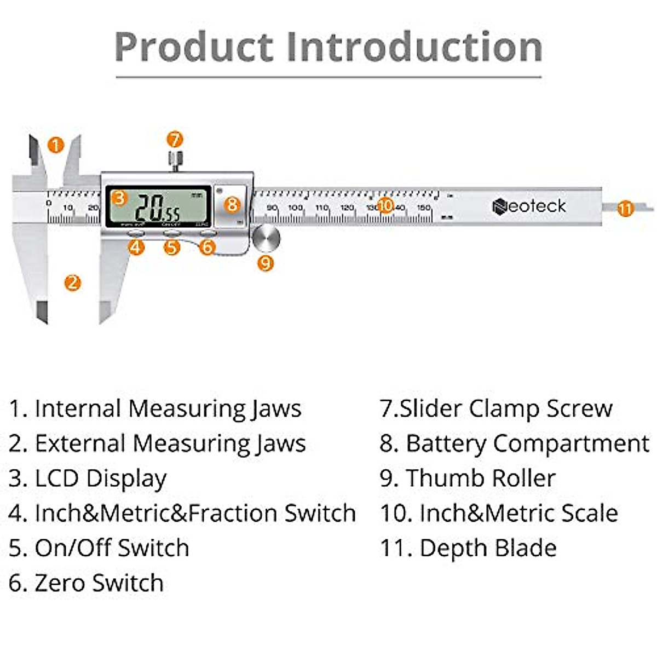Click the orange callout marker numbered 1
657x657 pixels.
(56, 145)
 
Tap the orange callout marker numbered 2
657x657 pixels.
(72, 283)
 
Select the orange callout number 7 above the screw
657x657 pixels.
(175, 140)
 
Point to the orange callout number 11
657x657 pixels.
(625, 209)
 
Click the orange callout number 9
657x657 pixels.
(266, 263)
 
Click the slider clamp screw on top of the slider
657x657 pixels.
(175, 160)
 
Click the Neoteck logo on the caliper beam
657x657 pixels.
(529, 206)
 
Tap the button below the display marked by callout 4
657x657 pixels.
(135, 233)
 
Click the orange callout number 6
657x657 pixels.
(207, 247)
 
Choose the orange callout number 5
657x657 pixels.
(172, 247)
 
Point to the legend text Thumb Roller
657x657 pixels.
(480, 478)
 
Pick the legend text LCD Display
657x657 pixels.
(100, 479)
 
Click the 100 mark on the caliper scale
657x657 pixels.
(296, 208)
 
